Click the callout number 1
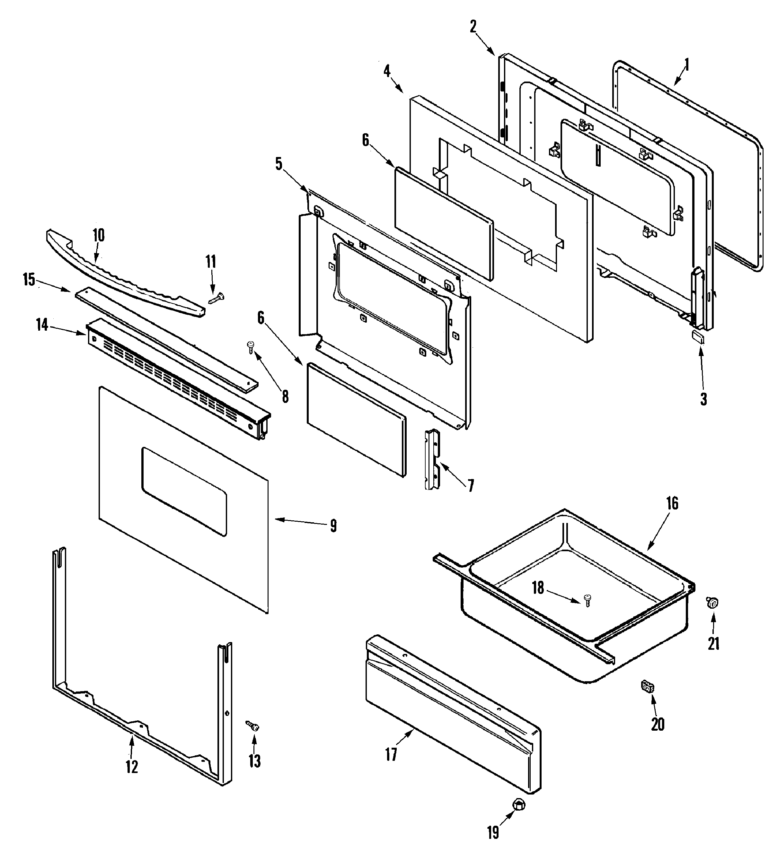pos(687,65)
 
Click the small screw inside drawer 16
pos(587,600)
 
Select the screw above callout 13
pos(253,726)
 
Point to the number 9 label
pos(333,526)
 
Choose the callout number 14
pos(42,325)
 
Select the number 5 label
pos(278,164)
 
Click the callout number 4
pos(387,71)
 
